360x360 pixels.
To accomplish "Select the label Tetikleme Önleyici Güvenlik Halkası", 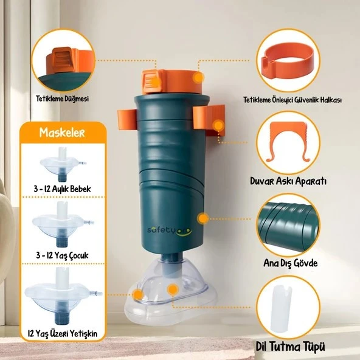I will click(x=293, y=100).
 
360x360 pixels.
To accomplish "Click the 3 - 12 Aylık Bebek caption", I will click(x=63, y=189).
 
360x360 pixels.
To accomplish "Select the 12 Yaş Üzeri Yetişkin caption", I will click(x=63, y=333).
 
